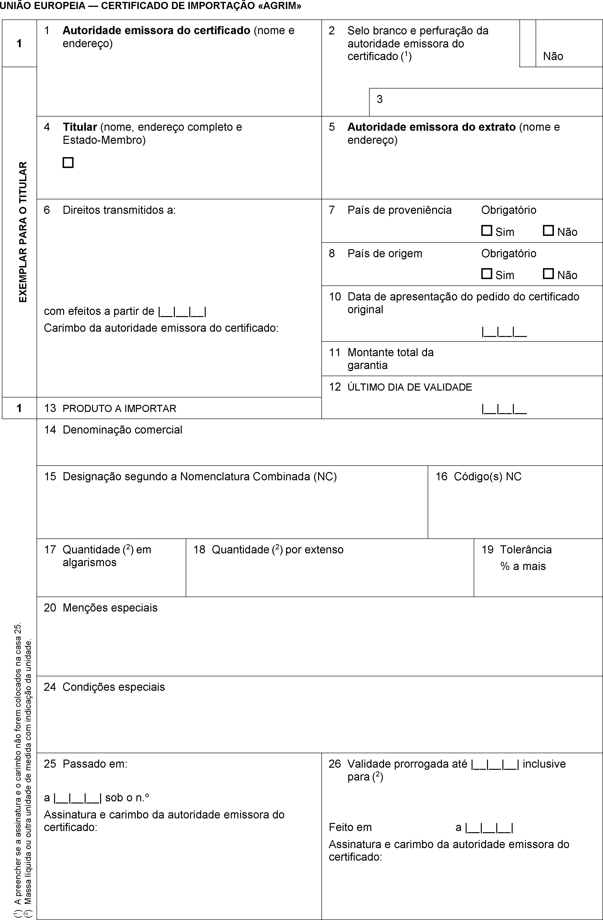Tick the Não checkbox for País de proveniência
[548, 231]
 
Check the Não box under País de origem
[548, 274]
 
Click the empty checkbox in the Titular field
[68, 162]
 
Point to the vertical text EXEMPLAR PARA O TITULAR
[23, 232]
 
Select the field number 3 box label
[380, 99]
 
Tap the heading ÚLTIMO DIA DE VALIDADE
[410, 387]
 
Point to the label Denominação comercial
[122, 430]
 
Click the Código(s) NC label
[487, 476]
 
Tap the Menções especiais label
[110, 608]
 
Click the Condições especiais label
[114, 687]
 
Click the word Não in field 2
[553, 56]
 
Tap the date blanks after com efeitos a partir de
[182, 311]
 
